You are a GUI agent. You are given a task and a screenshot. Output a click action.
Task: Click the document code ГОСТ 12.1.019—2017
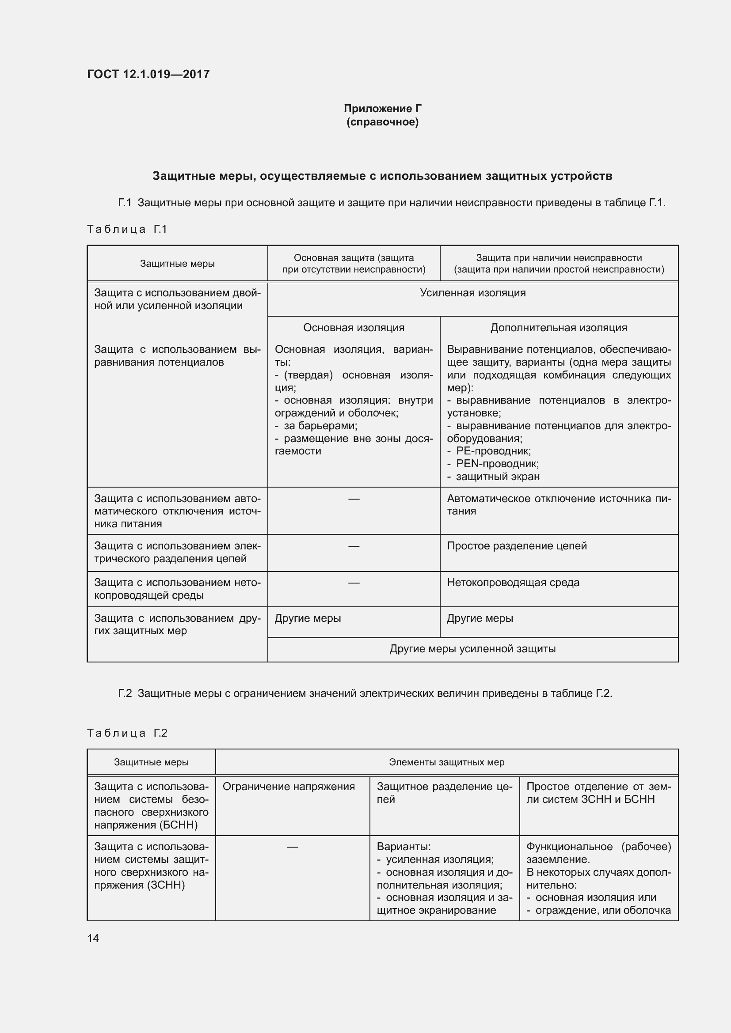click(x=148, y=74)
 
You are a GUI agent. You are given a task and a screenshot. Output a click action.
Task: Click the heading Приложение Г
click(x=383, y=109)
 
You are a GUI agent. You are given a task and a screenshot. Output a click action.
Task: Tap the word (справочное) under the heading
click(x=383, y=122)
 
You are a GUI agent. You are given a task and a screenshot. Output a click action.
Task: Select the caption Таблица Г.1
click(x=127, y=229)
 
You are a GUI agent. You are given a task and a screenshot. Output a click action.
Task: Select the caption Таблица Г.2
click(x=127, y=733)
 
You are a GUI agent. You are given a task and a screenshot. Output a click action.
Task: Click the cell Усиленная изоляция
click(x=472, y=293)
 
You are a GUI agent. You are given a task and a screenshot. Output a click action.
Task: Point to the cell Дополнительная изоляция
click(x=559, y=328)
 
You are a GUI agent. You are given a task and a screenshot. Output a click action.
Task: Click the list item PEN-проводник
click(x=497, y=463)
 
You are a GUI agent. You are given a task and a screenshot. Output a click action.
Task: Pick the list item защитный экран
click(x=497, y=477)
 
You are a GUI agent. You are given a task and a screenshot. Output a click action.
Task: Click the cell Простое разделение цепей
click(x=517, y=546)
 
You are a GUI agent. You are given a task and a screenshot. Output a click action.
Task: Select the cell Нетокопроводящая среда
click(x=513, y=582)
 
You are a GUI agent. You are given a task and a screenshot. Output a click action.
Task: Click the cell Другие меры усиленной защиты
click(x=472, y=649)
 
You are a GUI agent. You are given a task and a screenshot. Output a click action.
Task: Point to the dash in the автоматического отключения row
click(x=354, y=499)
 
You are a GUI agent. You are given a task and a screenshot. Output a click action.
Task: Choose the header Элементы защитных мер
click(x=446, y=762)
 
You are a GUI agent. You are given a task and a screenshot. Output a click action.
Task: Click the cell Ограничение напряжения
click(x=289, y=787)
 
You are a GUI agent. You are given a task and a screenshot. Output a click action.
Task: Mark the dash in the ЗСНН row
click(x=293, y=847)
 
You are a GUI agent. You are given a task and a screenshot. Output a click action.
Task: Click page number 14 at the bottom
click(x=93, y=938)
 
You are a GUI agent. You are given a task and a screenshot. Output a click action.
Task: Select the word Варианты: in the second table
click(x=404, y=847)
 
